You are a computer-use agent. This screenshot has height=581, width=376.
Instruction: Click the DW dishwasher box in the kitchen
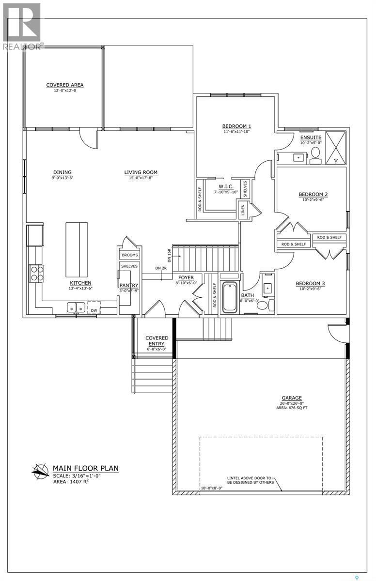[94, 307]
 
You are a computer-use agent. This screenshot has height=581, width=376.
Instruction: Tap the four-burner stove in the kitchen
[37, 274]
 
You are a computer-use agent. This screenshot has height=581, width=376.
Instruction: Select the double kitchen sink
[76, 307]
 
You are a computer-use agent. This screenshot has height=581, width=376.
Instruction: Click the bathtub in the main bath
[230, 297]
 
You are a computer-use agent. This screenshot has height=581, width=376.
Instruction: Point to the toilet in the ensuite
[315, 155]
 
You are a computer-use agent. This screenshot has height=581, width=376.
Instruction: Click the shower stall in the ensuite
[336, 148]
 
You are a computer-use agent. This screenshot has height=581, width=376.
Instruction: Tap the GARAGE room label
[292, 398]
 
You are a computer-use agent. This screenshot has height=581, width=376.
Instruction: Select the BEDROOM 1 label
[236, 126]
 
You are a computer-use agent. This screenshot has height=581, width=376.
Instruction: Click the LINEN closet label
[243, 210]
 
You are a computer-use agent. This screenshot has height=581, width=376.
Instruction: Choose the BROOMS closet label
[130, 255]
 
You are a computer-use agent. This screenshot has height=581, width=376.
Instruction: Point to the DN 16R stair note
[169, 256]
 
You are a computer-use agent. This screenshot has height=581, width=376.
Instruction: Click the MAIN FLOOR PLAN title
[86, 468]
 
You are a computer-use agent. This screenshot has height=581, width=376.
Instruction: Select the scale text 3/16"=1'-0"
[84, 475]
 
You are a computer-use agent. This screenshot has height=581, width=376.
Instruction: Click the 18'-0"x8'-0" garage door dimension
[212, 488]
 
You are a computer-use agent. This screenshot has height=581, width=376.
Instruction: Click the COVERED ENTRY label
[157, 340]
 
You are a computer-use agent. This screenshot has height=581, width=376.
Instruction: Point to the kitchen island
[77, 250]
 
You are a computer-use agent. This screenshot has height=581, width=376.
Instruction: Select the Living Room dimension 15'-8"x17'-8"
[141, 178]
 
